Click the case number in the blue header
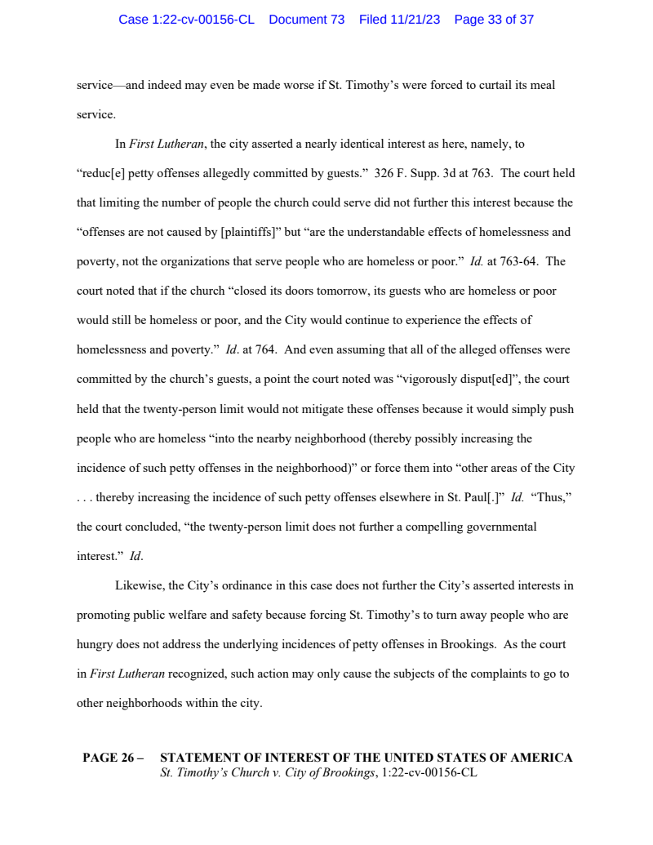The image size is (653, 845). (x=186, y=20)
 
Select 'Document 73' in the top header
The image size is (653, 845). (x=306, y=20)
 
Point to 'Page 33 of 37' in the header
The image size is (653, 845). (x=494, y=20)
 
